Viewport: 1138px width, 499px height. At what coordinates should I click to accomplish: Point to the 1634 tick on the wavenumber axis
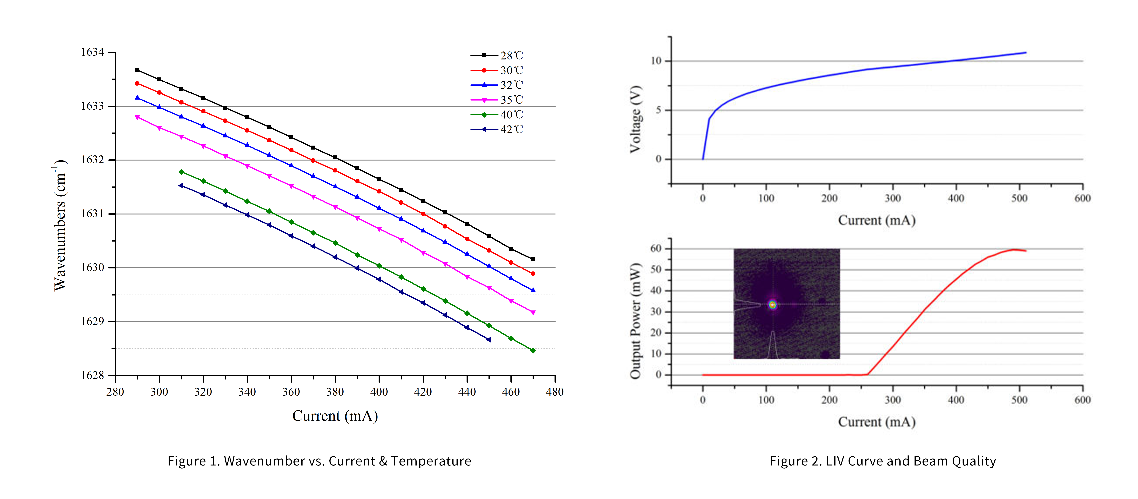click(92, 52)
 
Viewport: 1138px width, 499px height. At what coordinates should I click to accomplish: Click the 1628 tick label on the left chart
click(92, 375)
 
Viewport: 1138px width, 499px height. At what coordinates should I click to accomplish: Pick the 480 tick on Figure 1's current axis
click(555, 392)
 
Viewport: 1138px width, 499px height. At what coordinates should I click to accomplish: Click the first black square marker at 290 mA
click(137, 70)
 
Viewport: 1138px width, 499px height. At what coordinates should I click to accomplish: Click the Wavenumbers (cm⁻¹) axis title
click(60, 225)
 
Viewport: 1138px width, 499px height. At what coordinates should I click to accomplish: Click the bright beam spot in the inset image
click(772, 305)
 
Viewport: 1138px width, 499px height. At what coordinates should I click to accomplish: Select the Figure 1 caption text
click(319, 461)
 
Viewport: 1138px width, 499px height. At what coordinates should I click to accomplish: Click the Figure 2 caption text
click(883, 461)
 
